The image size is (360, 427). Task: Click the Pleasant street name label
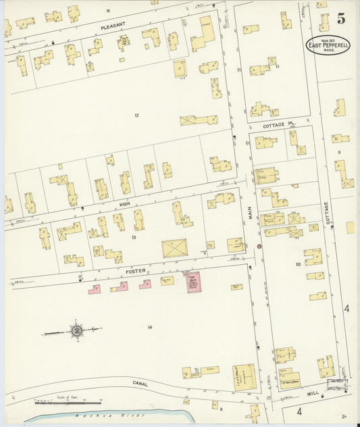[x=113, y=24]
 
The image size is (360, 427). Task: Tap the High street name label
[x=124, y=203]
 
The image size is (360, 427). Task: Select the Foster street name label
[x=135, y=271]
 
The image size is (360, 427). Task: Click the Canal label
[x=140, y=384]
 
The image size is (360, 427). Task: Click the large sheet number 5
[x=341, y=18]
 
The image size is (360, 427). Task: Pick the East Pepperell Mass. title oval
[x=328, y=45]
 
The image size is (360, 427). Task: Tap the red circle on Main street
[x=258, y=247]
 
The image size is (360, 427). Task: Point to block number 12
[x=136, y=116]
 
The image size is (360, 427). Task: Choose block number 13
[x=134, y=237]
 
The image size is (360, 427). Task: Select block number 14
[x=150, y=327]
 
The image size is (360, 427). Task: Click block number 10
[x=297, y=264]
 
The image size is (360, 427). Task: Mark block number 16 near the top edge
[x=107, y=11]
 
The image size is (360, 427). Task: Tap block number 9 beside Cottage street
[x=339, y=153]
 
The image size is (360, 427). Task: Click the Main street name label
[x=249, y=212]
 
